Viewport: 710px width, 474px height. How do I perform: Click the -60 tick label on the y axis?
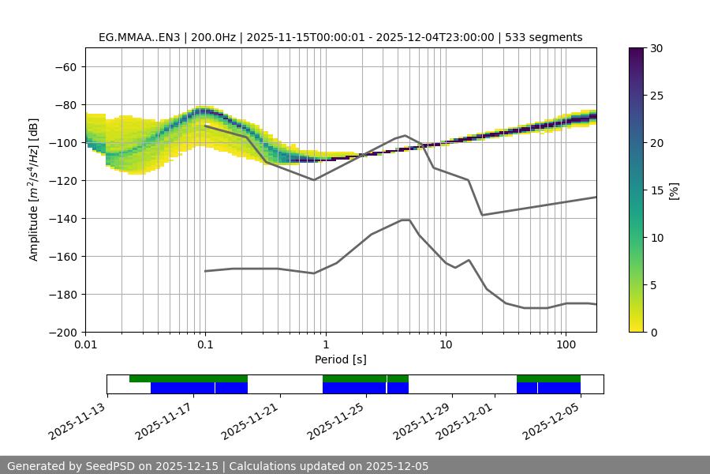pos(65,66)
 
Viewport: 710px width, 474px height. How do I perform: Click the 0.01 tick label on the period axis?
pos(85,345)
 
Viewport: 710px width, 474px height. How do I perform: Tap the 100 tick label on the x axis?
pos(566,345)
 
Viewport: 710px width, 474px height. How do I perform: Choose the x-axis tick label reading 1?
pos(325,345)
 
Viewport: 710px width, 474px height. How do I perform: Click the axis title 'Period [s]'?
pos(341,359)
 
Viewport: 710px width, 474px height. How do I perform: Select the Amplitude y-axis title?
pos(34,190)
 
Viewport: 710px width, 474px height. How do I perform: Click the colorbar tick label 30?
pos(656,48)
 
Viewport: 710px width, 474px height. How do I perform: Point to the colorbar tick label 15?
pos(656,190)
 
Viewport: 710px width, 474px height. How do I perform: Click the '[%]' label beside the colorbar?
pos(674,190)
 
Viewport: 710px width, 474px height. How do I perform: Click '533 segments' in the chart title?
pos(544,37)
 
